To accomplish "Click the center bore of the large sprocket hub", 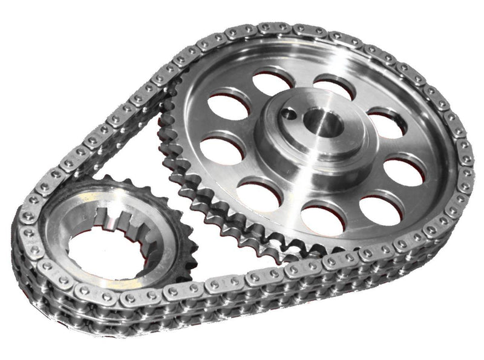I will [327, 125].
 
